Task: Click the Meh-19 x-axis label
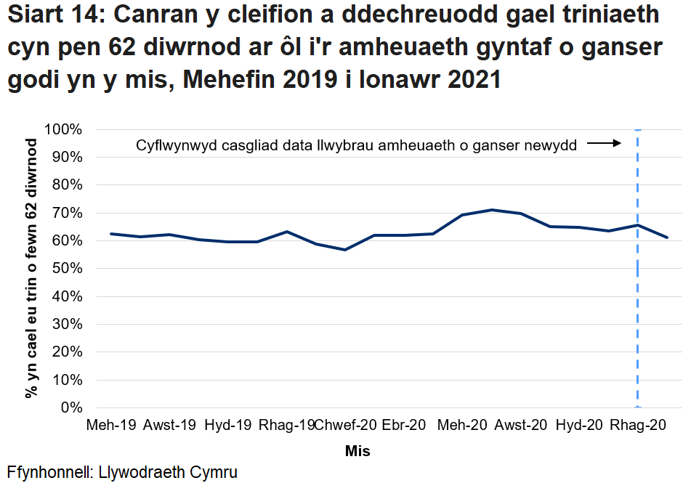pyautogui.click(x=111, y=426)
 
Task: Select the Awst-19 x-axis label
pyautogui.click(x=170, y=426)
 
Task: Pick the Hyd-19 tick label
pyautogui.click(x=228, y=426)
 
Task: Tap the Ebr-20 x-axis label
pyautogui.click(x=404, y=426)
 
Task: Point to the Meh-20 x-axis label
pyautogui.click(x=463, y=426)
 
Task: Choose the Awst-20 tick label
pyautogui.click(x=521, y=426)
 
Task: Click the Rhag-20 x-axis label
pyautogui.click(x=638, y=426)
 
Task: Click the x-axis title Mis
pyautogui.click(x=357, y=451)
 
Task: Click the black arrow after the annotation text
pyautogui.click(x=603, y=144)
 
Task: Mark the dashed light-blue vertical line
pyautogui.click(x=638, y=305)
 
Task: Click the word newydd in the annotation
pyautogui.click(x=552, y=145)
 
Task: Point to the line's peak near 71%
pyautogui.click(x=493, y=210)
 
